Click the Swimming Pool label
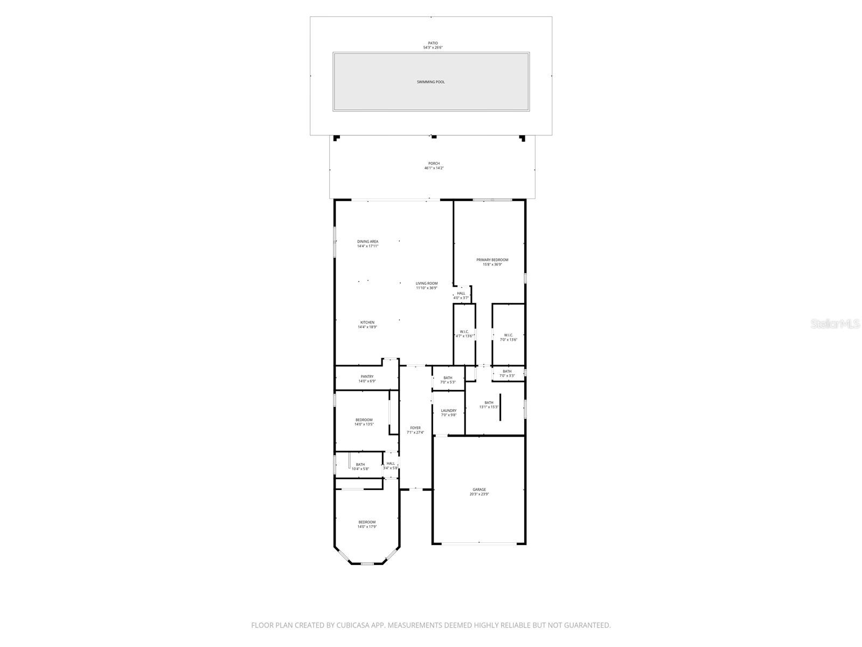click(x=431, y=82)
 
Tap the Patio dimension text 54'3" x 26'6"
click(x=433, y=48)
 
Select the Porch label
click(x=434, y=163)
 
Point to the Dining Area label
click(x=367, y=242)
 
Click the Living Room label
click(x=427, y=284)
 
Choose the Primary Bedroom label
click(x=492, y=260)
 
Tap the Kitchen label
click(x=367, y=322)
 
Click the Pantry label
click(x=367, y=377)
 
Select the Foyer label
click(x=415, y=428)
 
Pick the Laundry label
click(x=449, y=411)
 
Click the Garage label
click(x=479, y=490)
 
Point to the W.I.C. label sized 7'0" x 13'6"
click(x=509, y=335)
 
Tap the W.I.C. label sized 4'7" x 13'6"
click(x=464, y=332)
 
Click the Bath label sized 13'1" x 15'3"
click(x=489, y=403)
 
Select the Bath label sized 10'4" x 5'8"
click(x=360, y=465)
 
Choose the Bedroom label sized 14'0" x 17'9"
click(x=367, y=522)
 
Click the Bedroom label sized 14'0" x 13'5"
click(x=364, y=420)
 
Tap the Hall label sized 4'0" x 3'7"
click(x=461, y=293)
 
